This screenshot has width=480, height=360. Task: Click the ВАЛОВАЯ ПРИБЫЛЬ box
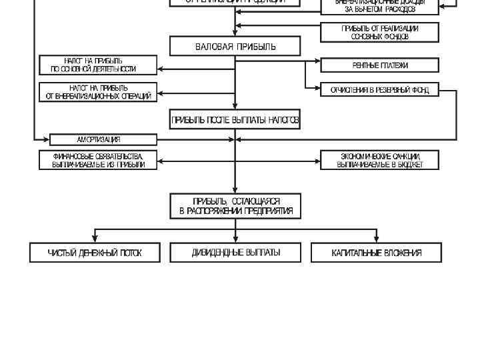point(235,46)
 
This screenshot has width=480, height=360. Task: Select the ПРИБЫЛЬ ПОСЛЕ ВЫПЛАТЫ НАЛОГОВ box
point(235,120)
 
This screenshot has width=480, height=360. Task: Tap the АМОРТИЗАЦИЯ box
point(103,139)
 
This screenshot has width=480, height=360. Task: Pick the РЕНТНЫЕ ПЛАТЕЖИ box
point(380,65)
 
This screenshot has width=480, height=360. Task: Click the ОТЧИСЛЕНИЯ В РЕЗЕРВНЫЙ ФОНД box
point(380,90)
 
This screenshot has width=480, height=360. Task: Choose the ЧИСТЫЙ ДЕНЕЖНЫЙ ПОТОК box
point(95,253)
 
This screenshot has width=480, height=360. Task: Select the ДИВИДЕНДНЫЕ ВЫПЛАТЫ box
point(235,253)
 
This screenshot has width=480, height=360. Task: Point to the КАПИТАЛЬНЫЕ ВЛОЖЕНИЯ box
point(377,253)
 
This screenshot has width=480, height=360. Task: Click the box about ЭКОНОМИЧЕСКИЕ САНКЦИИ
point(379,160)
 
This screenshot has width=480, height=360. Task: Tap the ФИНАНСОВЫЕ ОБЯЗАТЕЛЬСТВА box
point(98,160)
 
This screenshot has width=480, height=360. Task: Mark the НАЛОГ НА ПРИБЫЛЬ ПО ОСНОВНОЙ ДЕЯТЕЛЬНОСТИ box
point(98,65)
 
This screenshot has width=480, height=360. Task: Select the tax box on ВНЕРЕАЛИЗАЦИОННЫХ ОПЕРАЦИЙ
point(98,92)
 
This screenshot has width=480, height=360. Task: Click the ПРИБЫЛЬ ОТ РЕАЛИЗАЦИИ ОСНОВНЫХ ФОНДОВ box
point(379,32)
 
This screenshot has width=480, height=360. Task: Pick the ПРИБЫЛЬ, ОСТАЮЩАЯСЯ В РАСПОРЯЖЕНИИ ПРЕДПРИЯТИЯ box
point(235,205)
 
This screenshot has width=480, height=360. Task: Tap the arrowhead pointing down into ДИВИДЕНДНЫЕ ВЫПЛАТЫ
point(235,239)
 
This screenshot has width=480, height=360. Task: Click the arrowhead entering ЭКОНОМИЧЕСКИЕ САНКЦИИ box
point(317,160)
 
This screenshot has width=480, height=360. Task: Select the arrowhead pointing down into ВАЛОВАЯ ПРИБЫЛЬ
point(235,33)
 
